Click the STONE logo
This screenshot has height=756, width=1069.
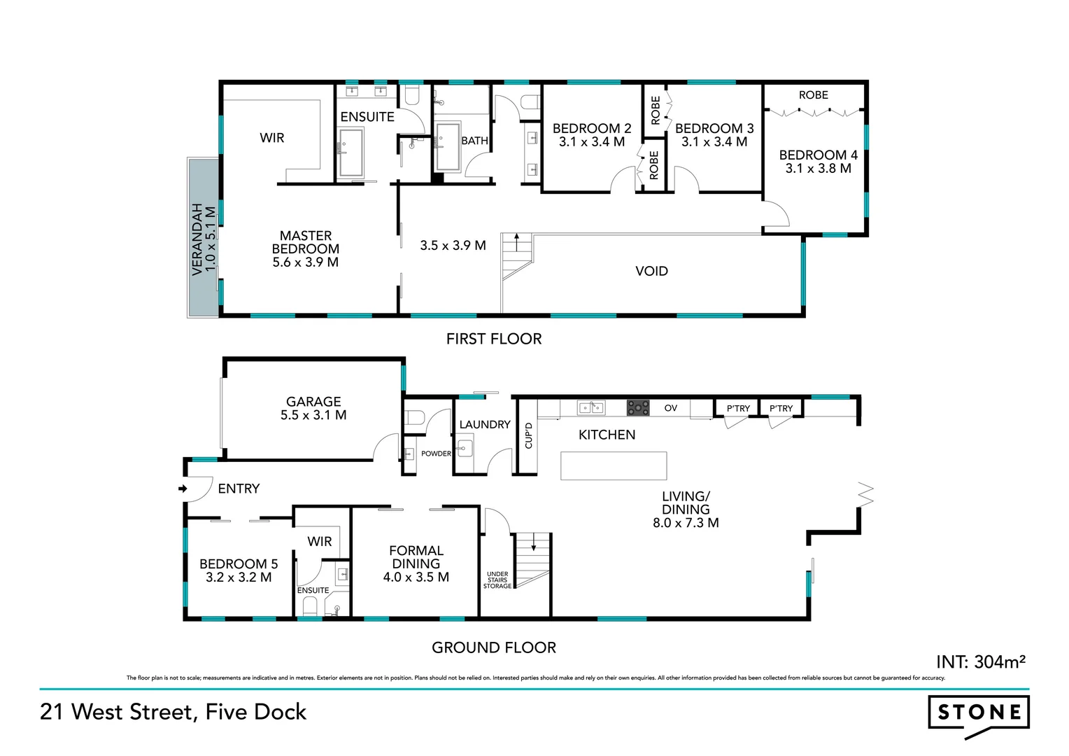[x=978, y=713]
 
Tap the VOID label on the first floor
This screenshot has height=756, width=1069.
[x=651, y=272]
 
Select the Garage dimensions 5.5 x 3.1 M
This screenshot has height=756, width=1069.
[x=313, y=415]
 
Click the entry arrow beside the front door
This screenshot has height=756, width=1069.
[x=183, y=489]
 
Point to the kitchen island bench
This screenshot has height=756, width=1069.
[x=614, y=465]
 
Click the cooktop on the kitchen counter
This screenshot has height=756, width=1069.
[x=637, y=407]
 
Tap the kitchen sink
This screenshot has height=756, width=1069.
[x=591, y=407]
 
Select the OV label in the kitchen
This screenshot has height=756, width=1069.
[x=670, y=408]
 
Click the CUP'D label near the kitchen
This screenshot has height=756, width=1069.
[x=528, y=435]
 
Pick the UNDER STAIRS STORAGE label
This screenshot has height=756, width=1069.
[x=497, y=580]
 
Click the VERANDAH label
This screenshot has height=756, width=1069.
[x=198, y=239]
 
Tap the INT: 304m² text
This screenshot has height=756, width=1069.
[x=981, y=661]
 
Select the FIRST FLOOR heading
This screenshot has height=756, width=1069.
[x=494, y=339]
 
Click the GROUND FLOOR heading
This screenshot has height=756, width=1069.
[x=494, y=648]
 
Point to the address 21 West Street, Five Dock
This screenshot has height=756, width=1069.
[x=174, y=712]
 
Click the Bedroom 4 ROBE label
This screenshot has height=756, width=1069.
[x=813, y=95]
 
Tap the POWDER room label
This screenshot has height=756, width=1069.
[x=436, y=454]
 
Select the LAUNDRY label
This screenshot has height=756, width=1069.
[x=485, y=425]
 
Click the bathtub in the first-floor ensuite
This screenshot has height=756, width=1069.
[x=351, y=152]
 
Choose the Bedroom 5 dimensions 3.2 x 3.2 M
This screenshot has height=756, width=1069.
[x=239, y=577]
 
